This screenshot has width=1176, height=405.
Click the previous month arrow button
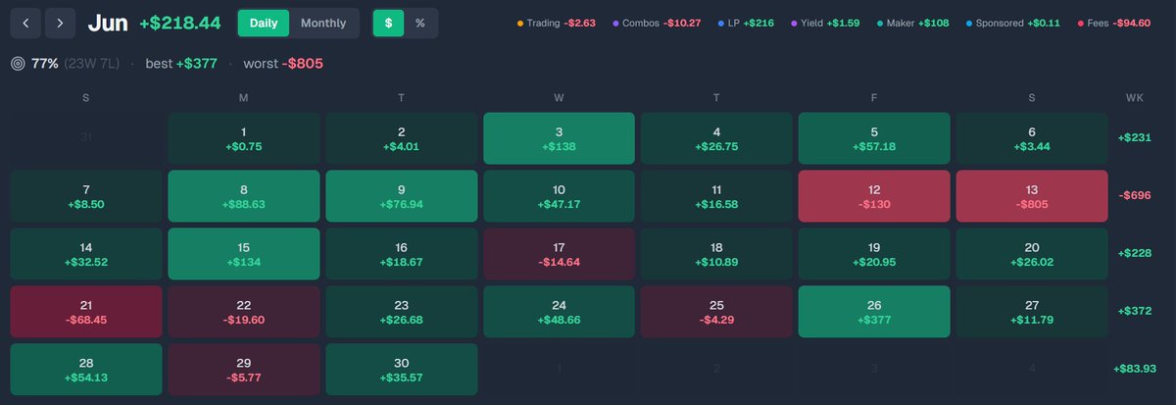[x=25, y=24]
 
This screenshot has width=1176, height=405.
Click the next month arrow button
[x=60, y=24]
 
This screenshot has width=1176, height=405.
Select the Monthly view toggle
[x=323, y=24]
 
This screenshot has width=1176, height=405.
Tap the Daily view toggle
[x=263, y=24]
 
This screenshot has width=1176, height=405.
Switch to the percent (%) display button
[x=420, y=24]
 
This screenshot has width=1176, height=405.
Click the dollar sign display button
[x=388, y=24]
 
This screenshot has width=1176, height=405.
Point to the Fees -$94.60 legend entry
[x=1113, y=24]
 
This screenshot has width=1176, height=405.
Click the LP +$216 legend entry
[x=746, y=24]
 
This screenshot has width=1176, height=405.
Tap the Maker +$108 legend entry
[x=913, y=24]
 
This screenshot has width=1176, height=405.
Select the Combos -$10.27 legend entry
[x=657, y=24]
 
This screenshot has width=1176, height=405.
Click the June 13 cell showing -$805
[x=1032, y=196]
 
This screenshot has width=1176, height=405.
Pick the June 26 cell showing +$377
[x=874, y=312]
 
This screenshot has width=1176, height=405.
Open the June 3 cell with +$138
[x=559, y=138]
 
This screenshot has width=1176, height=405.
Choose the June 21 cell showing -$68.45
[x=86, y=312]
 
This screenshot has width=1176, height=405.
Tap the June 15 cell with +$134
[x=244, y=254]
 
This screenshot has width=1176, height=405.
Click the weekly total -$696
[x=1135, y=195]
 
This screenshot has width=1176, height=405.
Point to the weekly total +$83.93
[x=1135, y=369]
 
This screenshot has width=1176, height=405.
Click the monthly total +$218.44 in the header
[x=180, y=24]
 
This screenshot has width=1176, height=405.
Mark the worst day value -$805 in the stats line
[x=303, y=64]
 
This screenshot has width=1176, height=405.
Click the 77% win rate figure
[x=45, y=64]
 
